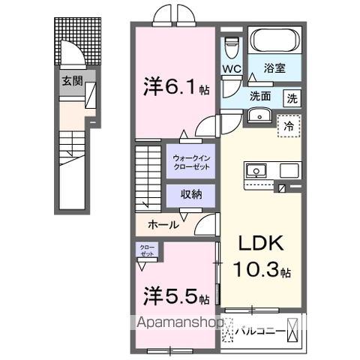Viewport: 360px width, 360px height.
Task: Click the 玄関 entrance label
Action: (x=71, y=80)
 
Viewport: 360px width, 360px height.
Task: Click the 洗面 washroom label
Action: (x=261, y=97)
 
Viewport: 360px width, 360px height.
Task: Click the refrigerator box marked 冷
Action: (x=289, y=126)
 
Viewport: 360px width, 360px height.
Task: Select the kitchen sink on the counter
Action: (x=258, y=170)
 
